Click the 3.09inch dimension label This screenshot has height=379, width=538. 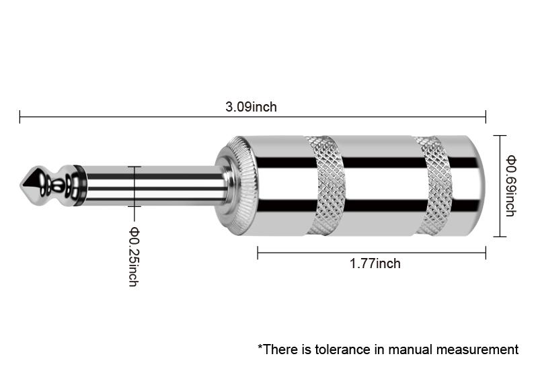(x=251, y=107)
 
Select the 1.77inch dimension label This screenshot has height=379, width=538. (x=375, y=264)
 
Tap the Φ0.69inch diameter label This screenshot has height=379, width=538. (x=511, y=186)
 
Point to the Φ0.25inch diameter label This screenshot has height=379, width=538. (x=133, y=257)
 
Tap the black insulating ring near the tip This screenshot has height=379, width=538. (x=79, y=185)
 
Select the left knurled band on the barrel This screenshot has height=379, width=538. (x=327, y=185)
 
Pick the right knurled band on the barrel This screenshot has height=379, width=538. (x=434, y=185)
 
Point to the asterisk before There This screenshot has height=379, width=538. (x=260, y=347)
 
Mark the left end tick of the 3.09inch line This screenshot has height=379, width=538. (x=20, y=117)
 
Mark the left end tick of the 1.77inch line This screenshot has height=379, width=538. (x=258, y=253)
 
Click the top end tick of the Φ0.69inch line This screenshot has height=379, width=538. (x=500, y=136)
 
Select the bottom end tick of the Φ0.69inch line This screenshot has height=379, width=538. (x=500, y=237)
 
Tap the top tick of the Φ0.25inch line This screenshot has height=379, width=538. (x=134, y=167)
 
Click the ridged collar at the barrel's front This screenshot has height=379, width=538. (x=236, y=185)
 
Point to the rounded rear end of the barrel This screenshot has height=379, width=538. (x=476, y=185)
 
